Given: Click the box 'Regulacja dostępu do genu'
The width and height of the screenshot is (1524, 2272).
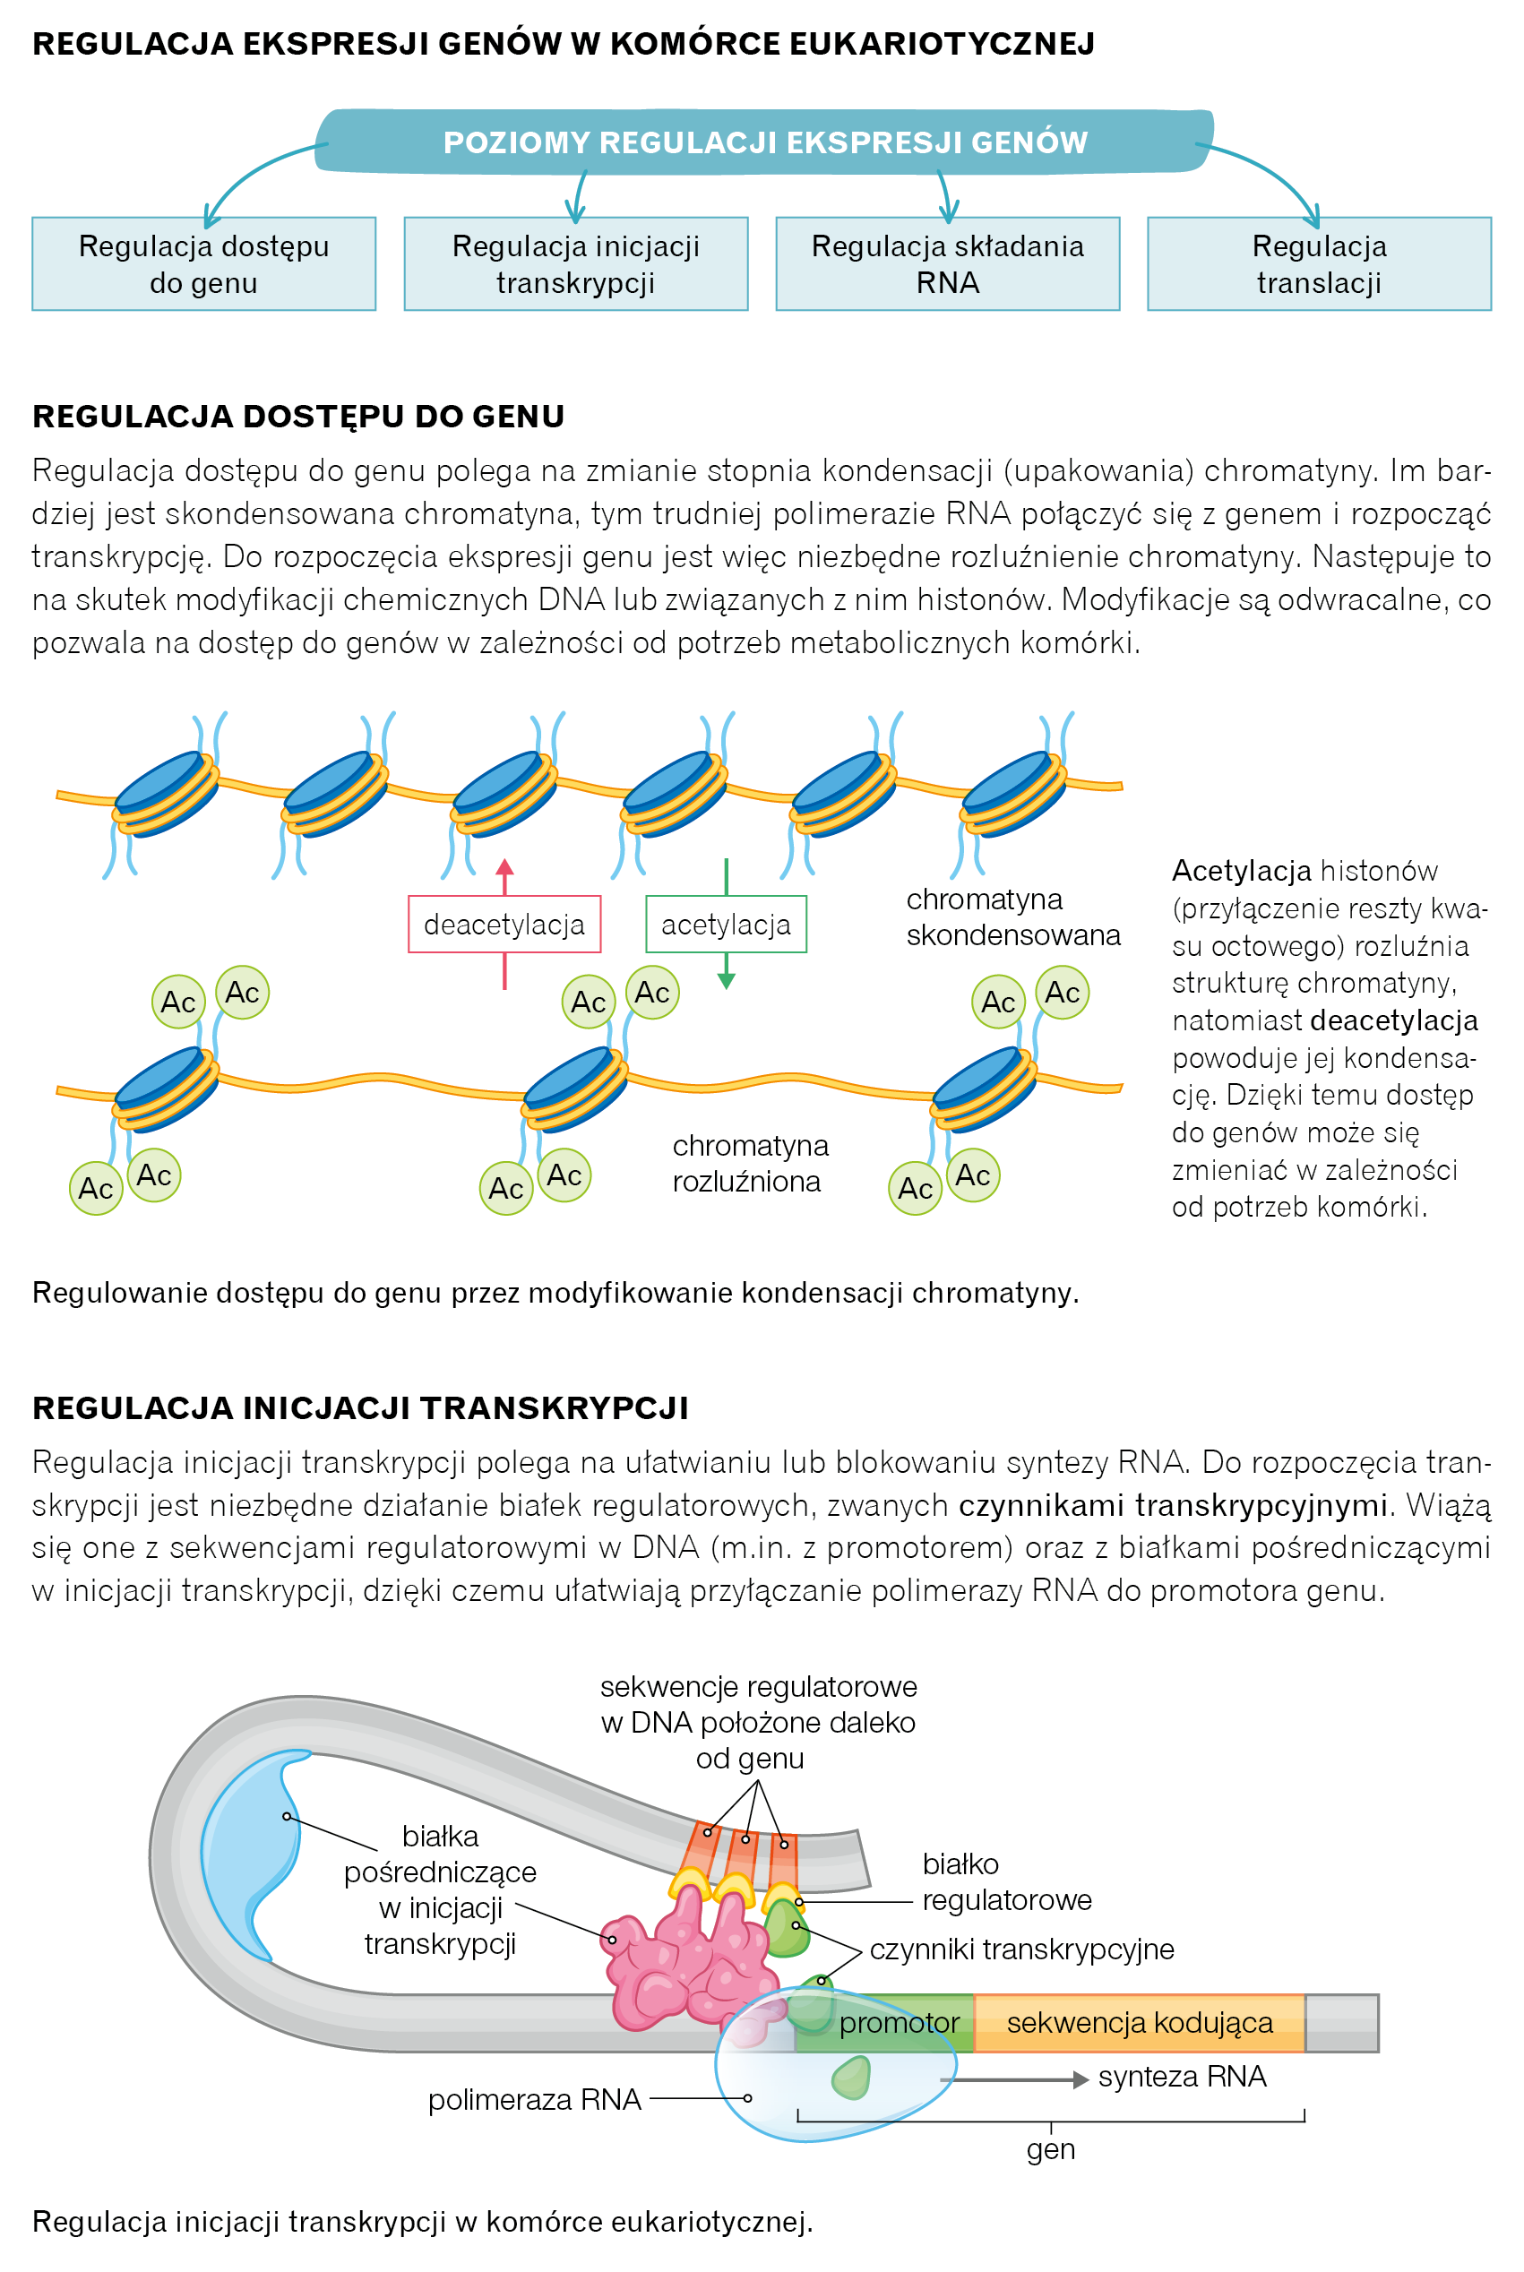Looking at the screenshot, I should point(203,263).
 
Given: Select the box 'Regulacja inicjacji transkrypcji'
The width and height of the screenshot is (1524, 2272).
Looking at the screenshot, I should point(575,263).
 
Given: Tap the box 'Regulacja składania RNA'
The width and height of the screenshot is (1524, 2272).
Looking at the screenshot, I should point(947,263).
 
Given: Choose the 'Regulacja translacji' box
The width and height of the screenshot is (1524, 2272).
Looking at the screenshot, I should point(1318,263).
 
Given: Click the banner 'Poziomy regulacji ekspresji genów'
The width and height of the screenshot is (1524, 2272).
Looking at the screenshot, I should point(765,142).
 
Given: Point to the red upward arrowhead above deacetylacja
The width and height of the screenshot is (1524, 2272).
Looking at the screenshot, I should point(504,867).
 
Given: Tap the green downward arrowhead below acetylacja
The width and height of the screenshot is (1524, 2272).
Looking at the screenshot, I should point(725,982).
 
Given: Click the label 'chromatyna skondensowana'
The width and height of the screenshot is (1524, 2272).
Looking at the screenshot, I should point(1012,917).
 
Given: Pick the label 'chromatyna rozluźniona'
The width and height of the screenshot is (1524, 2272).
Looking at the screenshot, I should point(749,1162).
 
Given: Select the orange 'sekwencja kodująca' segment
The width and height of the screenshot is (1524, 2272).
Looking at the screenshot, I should point(1139,2022).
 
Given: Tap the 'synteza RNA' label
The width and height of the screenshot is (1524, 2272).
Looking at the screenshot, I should point(1181,2076).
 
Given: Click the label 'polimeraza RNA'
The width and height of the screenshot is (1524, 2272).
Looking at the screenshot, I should point(534,2099).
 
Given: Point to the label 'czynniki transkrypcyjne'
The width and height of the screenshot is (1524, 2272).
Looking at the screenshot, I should point(1020,1949).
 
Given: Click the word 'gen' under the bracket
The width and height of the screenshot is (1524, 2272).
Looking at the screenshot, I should point(1050,2148).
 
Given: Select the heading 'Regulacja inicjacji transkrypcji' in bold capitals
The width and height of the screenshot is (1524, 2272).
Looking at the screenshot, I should point(359,1407).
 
